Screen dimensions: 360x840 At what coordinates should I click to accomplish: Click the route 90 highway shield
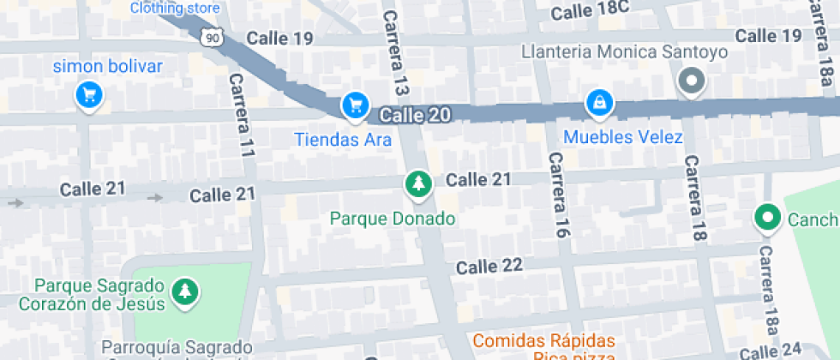point(213,36)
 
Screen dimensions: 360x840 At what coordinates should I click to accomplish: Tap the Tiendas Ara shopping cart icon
point(355,105)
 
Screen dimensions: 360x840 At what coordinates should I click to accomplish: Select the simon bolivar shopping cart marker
point(88,94)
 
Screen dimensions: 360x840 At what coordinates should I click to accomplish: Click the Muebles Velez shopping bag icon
point(598,104)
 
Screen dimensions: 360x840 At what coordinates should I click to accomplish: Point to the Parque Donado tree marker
point(417,183)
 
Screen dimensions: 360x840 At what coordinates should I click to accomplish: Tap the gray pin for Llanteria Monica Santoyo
point(690,82)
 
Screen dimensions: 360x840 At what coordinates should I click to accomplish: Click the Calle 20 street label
point(415,115)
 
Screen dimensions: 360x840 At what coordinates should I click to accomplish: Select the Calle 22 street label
point(489,267)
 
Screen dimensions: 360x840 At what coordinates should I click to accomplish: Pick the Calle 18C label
point(590,11)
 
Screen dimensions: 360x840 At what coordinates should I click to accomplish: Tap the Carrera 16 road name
point(559,195)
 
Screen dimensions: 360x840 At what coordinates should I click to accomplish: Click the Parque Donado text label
point(393,219)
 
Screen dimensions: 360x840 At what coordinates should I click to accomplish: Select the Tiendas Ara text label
point(343,139)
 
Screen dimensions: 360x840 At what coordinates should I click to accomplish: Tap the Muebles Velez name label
point(623,137)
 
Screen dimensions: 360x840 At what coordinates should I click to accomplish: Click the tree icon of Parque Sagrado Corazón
point(185,292)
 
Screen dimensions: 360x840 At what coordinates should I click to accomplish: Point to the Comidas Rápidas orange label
point(543,339)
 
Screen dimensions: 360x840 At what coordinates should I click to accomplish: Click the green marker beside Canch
point(765,218)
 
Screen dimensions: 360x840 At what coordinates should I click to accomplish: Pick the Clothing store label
point(175,9)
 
